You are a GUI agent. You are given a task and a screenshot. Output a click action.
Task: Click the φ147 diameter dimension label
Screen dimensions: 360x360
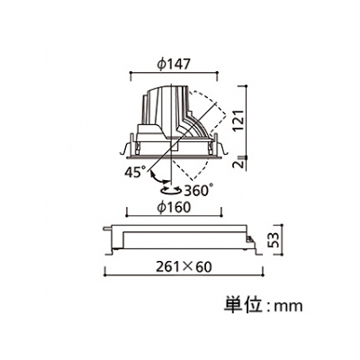click(x=174, y=64)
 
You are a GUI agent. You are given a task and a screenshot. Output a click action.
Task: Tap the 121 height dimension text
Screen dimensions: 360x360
click(x=239, y=121)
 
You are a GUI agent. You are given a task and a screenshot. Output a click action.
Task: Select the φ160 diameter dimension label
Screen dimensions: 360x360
click(x=175, y=207)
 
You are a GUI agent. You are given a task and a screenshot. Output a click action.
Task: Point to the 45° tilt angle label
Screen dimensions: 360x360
click(x=135, y=172)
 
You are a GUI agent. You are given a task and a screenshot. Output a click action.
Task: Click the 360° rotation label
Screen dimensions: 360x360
click(x=198, y=190)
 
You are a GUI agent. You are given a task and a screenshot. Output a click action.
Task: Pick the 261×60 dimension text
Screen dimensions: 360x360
click(x=184, y=267)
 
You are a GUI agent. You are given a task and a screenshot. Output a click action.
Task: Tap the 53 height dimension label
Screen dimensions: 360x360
click(x=273, y=240)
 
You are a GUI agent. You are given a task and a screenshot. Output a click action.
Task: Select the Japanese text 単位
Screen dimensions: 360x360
click(x=241, y=305)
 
